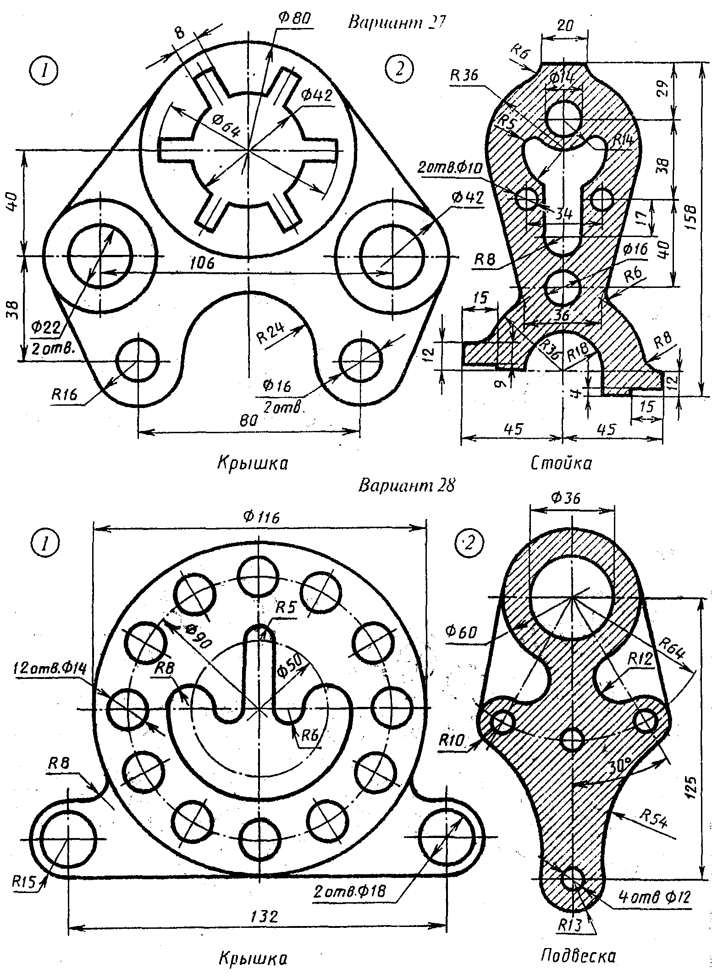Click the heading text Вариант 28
pyautogui.click(x=406, y=485)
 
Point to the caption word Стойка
pyautogui.click(x=561, y=463)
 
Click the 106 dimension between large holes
pyautogui.click(x=202, y=263)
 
